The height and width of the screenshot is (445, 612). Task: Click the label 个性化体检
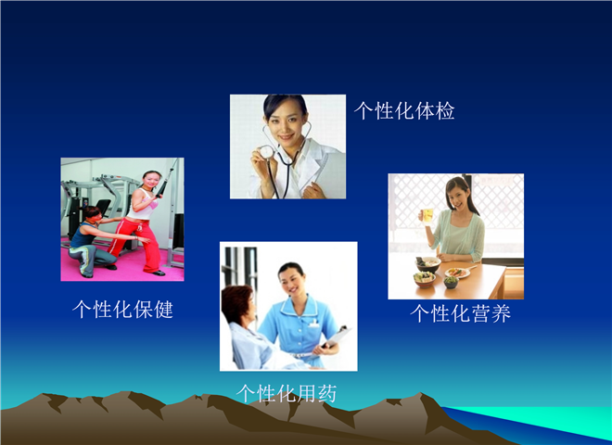click(x=404, y=111)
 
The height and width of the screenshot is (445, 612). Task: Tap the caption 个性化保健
click(x=122, y=309)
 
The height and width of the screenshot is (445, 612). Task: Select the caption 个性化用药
click(x=287, y=393)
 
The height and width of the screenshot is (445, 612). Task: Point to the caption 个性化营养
click(x=460, y=313)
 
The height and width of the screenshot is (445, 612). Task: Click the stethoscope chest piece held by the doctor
click(x=267, y=151)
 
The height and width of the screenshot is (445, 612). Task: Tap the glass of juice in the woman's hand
click(x=427, y=216)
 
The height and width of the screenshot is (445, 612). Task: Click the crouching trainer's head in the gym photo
click(x=92, y=214)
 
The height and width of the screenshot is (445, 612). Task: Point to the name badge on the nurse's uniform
click(x=313, y=324)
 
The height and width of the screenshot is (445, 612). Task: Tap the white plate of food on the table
click(x=457, y=273)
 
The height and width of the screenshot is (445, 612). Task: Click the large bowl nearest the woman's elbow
click(x=427, y=264)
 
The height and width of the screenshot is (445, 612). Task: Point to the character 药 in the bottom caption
click(x=326, y=393)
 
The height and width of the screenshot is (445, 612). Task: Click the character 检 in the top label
click(x=445, y=111)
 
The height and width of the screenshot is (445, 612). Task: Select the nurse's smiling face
click(x=293, y=282)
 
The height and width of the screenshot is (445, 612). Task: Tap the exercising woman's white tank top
click(x=142, y=205)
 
